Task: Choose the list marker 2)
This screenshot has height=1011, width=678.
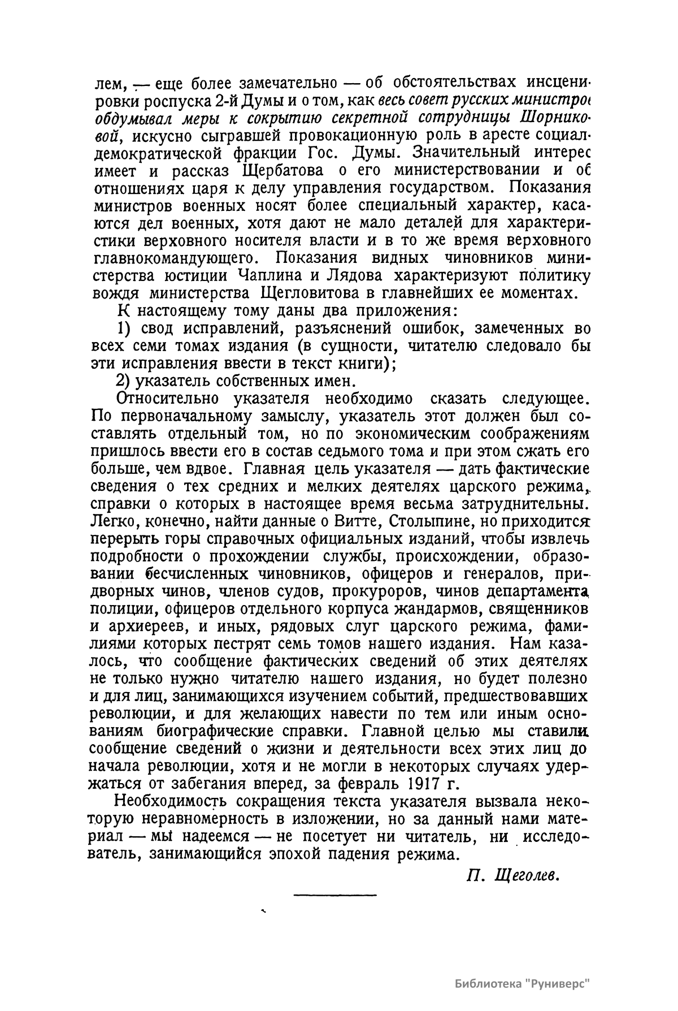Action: coord(127,381)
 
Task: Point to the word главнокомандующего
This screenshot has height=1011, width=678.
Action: coord(172,258)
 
